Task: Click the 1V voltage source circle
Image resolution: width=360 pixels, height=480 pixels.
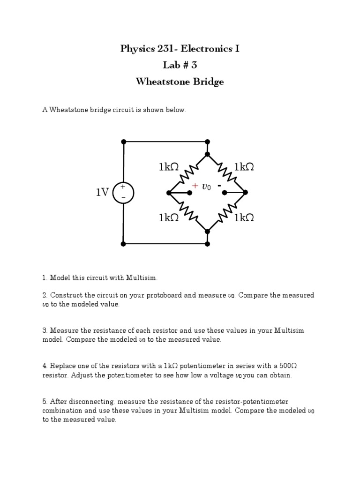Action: (x=123, y=192)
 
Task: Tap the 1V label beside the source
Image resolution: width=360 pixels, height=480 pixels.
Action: (x=103, y=192)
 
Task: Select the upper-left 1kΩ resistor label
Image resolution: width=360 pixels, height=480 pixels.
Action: (x=169, y=167)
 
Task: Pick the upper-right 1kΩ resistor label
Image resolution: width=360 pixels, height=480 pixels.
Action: (x=244, y=167)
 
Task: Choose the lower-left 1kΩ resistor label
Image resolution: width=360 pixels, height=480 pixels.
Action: (x=169, y=217)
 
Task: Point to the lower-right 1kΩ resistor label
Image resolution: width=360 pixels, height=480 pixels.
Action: (x=244, y=217)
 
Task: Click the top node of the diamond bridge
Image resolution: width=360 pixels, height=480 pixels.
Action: (x=208, y=154)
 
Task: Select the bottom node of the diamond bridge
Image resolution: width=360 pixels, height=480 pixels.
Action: (x=208, y=231)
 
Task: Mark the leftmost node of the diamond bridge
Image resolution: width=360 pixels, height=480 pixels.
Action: (x=169, y=192)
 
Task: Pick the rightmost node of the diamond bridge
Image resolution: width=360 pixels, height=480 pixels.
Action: (x=246, y=192)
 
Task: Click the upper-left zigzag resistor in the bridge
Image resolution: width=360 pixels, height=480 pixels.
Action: (x=188, y=173)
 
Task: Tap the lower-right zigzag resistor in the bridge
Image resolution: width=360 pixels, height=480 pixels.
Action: (x=227, y=211)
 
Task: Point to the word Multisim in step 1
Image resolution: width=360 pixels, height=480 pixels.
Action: (x=138, y=278)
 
